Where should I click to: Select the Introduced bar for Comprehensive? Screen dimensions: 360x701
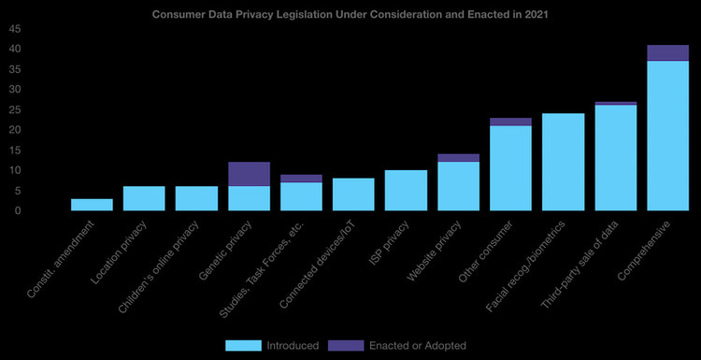(x=667, y=136)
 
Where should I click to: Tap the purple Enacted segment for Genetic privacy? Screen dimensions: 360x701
(x=249, y=174)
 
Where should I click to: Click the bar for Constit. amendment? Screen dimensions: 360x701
(x=92, y=205)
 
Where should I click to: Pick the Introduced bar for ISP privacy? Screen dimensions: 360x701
(x=406, y=191)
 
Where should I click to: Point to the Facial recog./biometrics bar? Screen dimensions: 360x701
(x=563, y=162)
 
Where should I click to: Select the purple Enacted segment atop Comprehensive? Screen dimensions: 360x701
(x=667, y=52)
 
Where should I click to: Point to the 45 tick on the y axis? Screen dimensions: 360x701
(x=15, y=28)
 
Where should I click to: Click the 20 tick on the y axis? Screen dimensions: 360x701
(x=15, y=130)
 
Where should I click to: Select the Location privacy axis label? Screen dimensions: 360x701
(x=120, y=248)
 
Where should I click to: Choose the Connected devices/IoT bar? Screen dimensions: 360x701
(x=353, y=194)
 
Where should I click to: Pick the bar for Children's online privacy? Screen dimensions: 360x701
(x=196, y=198)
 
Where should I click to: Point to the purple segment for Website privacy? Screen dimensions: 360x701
(x=458, y=158)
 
